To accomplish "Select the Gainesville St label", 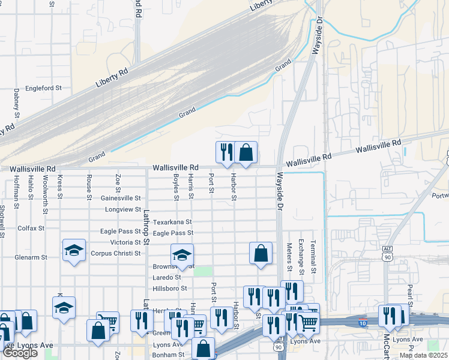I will click(120, 198).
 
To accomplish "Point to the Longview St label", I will click(122, 209).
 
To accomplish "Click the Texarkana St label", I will click(172, 222).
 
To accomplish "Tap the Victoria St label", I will click(125, 242).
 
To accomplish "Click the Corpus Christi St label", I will click(115, 253).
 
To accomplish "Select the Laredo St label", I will click(167, 277).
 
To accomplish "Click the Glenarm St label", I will click(31, 257).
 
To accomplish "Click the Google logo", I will click(20, 353).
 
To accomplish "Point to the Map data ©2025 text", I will click(423, 355).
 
